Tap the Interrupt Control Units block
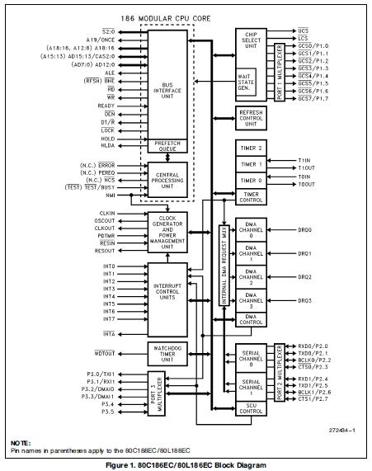coord(170,294)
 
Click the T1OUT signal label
coord(306,167)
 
